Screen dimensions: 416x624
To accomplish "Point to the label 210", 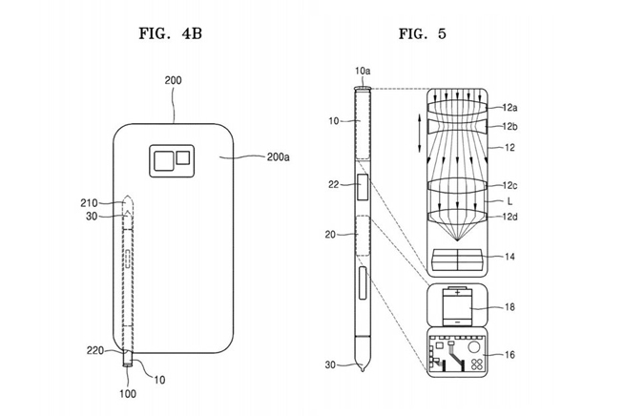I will pyautogui.click(x=89, y=202).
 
